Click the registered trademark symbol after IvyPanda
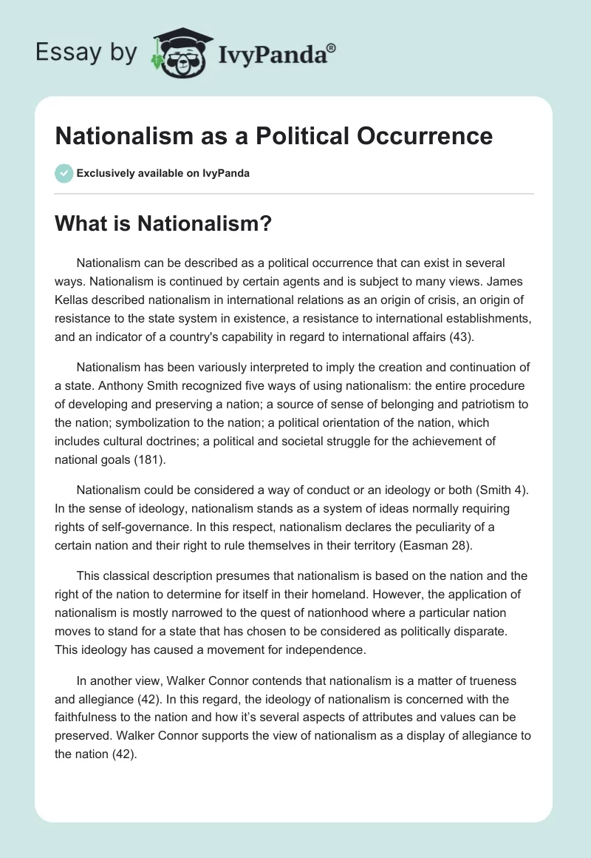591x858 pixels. [x=331, y=47]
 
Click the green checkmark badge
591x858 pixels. [x=64, y=173]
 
